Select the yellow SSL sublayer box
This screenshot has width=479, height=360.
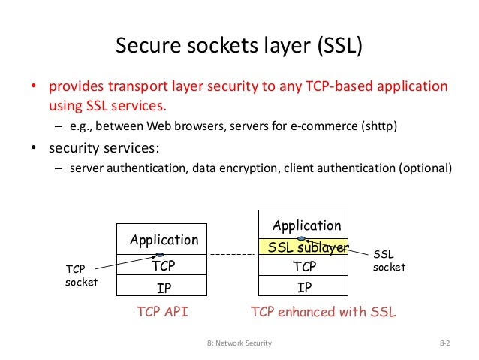(304, 247)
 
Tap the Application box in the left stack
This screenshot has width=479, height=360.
(163, 240)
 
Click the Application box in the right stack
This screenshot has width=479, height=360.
(306, 225)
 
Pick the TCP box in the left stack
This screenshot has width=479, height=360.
(163, 266)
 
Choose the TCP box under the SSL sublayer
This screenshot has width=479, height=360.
(304, 266)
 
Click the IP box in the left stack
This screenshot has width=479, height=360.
(163, 286)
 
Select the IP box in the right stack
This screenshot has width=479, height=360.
(304, 286)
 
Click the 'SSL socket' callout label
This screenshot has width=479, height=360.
(389, 261)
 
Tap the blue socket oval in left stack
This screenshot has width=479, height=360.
(160, 254)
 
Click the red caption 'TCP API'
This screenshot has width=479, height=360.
(162, 312)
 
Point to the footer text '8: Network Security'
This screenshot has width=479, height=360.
(239, 343)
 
